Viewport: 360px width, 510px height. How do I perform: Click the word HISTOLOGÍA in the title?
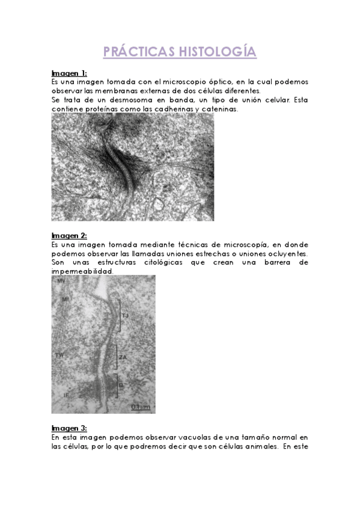[x=218, y=52]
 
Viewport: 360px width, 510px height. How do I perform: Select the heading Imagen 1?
[x=69, y=73]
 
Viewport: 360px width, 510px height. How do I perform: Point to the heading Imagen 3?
[x=69, y=428]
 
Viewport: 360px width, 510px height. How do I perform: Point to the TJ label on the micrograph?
[x=125, y=316]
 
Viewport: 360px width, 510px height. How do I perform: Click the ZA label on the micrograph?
[x=122, y=357]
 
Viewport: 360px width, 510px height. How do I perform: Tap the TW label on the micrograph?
[x=59, y=355]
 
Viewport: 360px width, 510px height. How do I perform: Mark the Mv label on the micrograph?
[x=61, y=281]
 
